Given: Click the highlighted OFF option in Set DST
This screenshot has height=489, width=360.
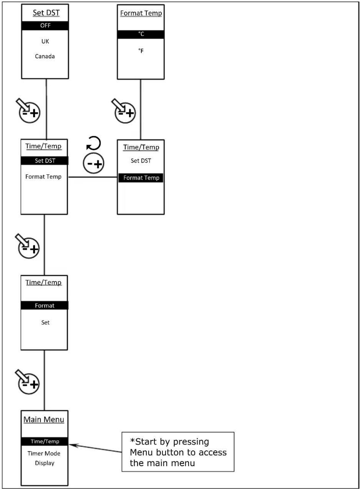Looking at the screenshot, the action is click(45, 26).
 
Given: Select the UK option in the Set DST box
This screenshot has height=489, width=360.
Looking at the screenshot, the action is click(45, 41).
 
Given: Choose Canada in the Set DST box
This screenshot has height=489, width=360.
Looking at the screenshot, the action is click(45, 56).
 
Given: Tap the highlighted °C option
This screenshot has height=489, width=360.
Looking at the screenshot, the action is click(141, 34).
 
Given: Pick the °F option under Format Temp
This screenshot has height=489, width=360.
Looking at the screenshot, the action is click(141, 51).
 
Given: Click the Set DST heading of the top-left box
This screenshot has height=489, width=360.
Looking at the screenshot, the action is click(46, 13).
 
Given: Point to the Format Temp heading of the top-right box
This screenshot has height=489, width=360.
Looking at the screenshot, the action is click(141, 13).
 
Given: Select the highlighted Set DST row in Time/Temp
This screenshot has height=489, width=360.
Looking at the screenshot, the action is click(45, 161).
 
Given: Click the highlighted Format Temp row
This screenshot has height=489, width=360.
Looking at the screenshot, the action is click(141, 178).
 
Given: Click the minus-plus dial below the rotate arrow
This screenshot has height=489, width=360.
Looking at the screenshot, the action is click(94, 163).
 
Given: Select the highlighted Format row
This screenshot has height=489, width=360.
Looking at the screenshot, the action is click(45, 306).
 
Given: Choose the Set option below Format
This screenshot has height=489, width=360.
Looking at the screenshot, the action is click(45, 323).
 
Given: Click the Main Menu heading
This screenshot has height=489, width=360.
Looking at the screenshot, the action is click(44, 420).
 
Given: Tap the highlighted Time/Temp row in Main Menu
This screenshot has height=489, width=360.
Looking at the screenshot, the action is click(45, 441).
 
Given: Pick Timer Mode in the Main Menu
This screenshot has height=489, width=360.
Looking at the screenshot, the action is click(44, 454).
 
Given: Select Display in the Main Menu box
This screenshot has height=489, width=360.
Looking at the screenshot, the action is click(45, 463).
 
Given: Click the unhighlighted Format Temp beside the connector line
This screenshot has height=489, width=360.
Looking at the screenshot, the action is click(43, 177).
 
